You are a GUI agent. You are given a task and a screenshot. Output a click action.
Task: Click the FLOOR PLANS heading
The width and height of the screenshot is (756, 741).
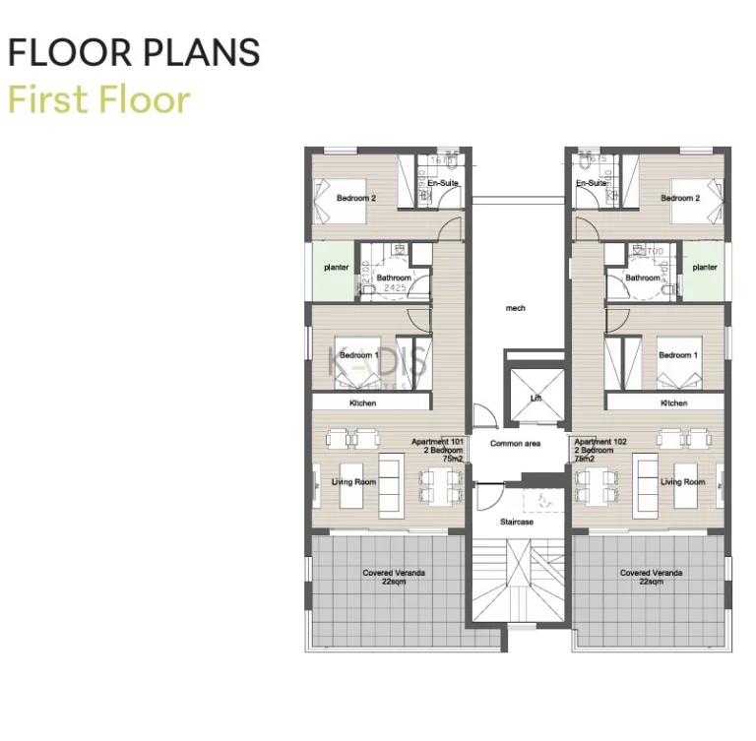click(x=134, y=53)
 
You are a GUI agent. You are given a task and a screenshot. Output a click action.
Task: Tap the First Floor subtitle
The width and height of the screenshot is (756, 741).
click(x=98, y=99)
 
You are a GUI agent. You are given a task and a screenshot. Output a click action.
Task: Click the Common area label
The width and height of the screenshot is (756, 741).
click(x=516, y=444)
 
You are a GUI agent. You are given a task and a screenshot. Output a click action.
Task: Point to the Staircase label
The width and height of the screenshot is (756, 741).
click(x=516, y=522)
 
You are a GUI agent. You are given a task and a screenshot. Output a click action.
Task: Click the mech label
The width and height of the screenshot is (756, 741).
click(x=516, y=308)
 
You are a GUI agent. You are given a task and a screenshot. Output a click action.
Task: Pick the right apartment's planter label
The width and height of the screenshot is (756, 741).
click(x=705, y=267)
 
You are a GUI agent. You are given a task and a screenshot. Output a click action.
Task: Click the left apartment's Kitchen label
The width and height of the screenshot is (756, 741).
click(x=363, y=403)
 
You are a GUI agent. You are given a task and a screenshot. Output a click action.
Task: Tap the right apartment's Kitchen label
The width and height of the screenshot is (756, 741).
click(x=674, y=403)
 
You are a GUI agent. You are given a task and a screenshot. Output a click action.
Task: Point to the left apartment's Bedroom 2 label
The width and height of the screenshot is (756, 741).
click(x=356, y=198)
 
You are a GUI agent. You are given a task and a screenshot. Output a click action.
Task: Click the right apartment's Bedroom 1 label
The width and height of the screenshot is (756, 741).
click(x=678, y=355)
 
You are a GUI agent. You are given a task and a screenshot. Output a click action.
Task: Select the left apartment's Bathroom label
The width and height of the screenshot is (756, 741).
click(x=394, y=278)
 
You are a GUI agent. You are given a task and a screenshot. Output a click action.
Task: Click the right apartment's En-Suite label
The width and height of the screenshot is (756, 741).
click(x=591, y=184)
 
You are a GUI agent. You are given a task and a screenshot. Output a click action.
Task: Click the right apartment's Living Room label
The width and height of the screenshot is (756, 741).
click(x=683, y=482)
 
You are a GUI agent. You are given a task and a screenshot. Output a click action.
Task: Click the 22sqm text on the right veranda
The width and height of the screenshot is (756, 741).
click(x=652, y=582)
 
